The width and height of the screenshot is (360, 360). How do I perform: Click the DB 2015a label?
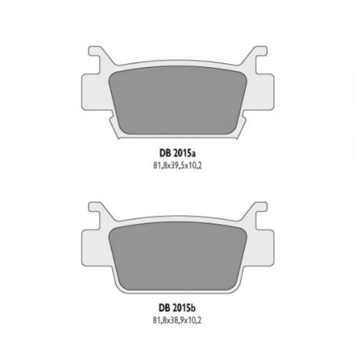click(177, 153)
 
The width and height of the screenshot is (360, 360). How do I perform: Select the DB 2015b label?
click(177, 308)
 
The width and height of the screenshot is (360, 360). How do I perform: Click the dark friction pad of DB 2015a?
click(178, 101)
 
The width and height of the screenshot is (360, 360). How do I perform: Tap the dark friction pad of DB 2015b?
click(178, 256)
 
